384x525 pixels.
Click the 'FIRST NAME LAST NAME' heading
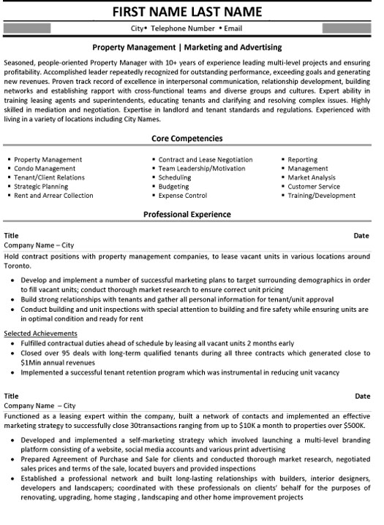191,12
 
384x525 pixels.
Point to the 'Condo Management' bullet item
45,168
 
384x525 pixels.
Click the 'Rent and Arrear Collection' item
53,196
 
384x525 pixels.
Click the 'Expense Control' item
182,196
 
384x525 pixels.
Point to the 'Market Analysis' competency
313,177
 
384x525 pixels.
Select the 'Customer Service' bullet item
315,186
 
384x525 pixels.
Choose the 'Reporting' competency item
302,159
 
